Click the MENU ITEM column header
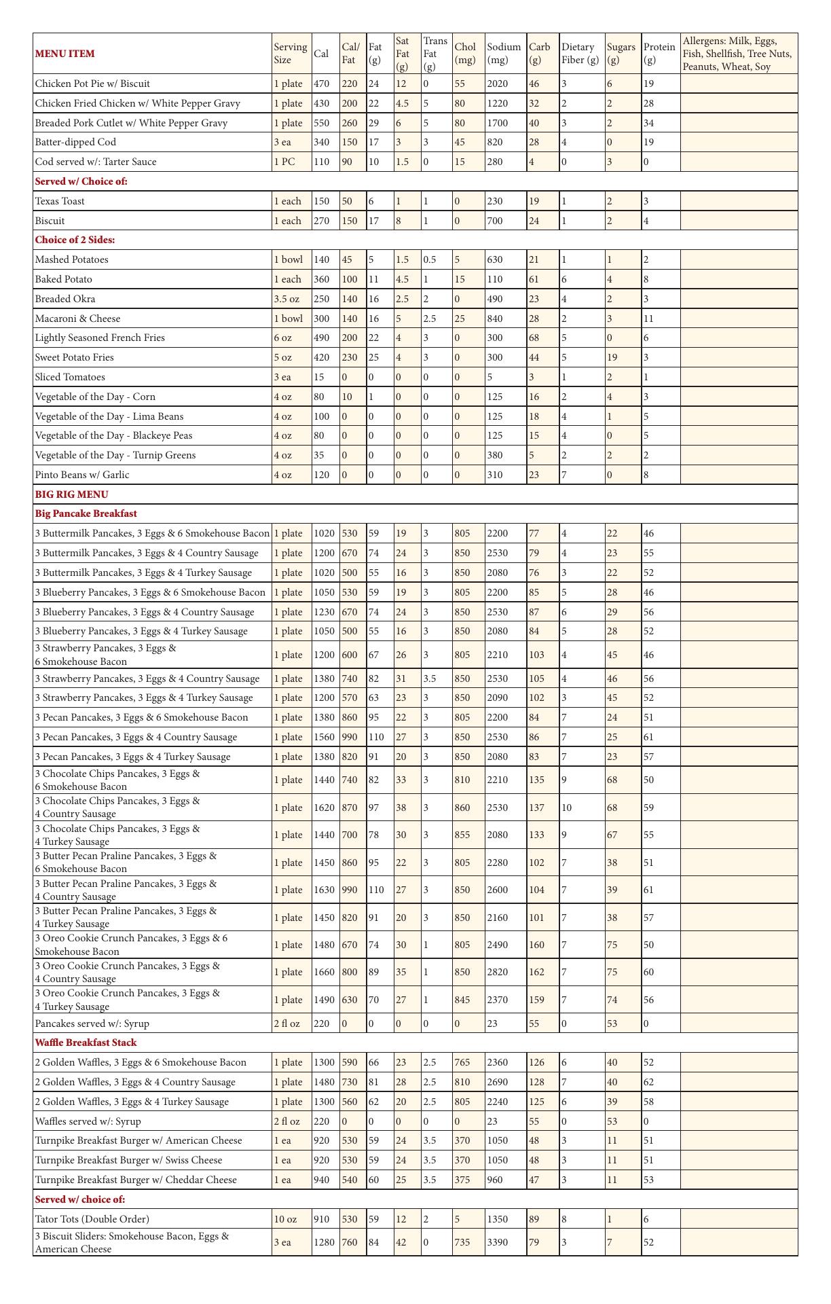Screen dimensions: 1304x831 [x=65, y=54]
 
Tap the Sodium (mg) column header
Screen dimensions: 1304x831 [x=504, y=54]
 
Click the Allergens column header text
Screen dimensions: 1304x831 [x=737, y=54]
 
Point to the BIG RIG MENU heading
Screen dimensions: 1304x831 [x=71, y=494]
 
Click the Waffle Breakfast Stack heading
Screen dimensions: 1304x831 [x=86, y=1043]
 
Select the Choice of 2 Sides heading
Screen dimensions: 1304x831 [x=75, y=240]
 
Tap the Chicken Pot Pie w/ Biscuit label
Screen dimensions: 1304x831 [x=92, y=84]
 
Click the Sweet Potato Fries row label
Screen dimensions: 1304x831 [x=75, y=357]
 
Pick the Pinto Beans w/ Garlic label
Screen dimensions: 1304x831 [x=82, y=475]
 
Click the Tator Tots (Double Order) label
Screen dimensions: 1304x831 [x=92, y=1219]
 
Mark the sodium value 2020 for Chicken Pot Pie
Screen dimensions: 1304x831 [x=497, y=84]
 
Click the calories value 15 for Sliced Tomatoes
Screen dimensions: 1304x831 [x=319, y=377]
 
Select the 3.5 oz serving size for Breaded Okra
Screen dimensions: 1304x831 [x=287, y=299]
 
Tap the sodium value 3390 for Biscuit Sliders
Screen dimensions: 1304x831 [x=497, y=1242]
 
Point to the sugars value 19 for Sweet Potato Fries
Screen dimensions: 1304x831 [x=612, y=357]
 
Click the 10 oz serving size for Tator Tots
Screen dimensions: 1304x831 [x=285, y=1219]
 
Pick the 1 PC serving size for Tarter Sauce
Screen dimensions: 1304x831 [x=284, y=162]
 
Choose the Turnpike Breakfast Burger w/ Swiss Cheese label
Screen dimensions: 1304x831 [x=128, y=1160]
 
